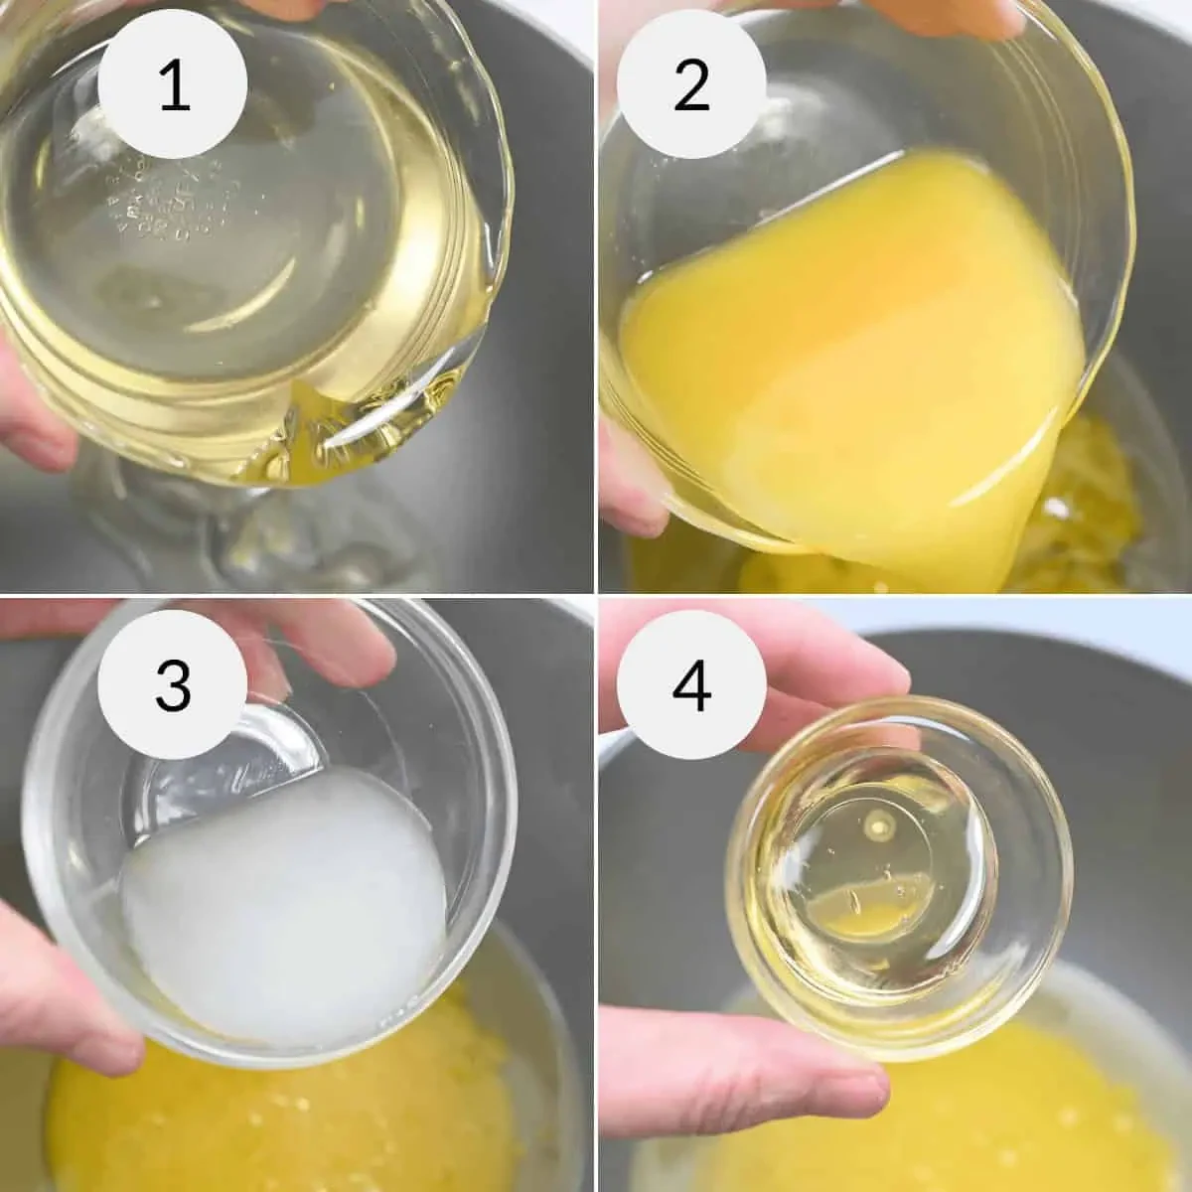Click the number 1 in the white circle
[174, 87]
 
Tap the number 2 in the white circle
[692, 87]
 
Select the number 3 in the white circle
[174, 685]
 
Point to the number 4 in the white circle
[692, 685]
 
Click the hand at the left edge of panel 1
[30, 397]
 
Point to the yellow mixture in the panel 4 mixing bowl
[993, 1093]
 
